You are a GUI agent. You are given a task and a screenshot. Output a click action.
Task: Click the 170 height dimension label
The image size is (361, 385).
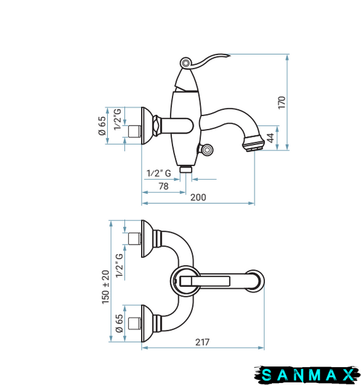(281, 103)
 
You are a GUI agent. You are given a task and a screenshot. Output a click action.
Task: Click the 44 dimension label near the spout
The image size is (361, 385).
(270, 138)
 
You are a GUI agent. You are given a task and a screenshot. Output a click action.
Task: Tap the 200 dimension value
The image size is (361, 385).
(198, 198)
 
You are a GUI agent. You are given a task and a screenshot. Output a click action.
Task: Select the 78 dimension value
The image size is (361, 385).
(164, 186)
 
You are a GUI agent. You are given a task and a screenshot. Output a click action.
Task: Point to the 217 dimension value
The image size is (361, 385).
(202, 342)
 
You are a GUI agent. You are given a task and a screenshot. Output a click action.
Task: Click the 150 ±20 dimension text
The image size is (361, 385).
(106, 287)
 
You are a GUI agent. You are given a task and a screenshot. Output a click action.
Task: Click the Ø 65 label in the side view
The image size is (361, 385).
(102, 126)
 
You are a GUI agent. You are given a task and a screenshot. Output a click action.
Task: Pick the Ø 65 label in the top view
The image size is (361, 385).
(119, 323)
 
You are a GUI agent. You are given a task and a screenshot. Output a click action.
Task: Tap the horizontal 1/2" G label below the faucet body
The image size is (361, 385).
(159, 173)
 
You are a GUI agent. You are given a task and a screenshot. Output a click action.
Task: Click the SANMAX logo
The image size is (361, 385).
(306, 375)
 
